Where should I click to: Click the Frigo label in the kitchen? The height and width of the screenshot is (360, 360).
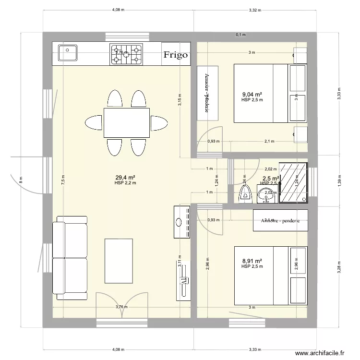[175, 55]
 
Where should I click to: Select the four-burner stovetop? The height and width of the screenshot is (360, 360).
[127, 54]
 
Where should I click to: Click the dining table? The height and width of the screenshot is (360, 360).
[127, 122]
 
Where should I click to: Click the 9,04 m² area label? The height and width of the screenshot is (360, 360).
[252, 95]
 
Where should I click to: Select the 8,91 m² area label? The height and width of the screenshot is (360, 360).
[252, 262]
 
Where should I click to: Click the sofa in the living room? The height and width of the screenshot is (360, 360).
[72, 255]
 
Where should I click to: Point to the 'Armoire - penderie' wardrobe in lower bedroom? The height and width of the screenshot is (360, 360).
[280, 220]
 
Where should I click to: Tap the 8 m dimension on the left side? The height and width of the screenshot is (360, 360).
[21, 180]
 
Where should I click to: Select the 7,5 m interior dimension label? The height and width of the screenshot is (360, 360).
[62, 180]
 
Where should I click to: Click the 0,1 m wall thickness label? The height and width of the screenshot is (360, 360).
[240, 35]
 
